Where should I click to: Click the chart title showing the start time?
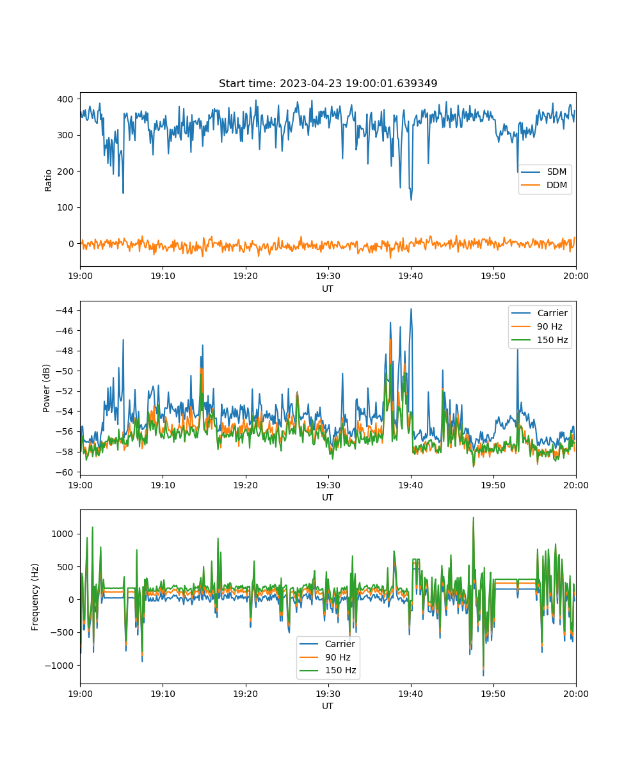pyautogui.click(x=328, y=83)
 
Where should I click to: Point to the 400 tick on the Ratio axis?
pyautogui.click(x=65, y=99)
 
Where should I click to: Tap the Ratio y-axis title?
pyautogui.click(x=48, y=180)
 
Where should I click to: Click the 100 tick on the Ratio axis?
pyautogui.click(x=65, y=207)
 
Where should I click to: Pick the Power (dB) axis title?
pyautogui.click(x=46, y=388)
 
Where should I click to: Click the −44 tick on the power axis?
pyautogui.click(x=65, y=310)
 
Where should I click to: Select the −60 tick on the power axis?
pyautogui.click(x=65, y=472)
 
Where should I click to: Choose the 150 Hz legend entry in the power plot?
pyautogui.click(x=540, y=340)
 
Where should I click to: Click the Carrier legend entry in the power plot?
pyautogui.click(x=540, y=313)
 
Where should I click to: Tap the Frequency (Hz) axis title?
pyautogui.click(x=35, y=597)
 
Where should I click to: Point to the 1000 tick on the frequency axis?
pyautogui.click(x=62, y=534)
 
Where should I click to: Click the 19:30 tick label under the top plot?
pyautogui.click(x=328, y=276)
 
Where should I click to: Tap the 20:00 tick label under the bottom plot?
pyautogui.click(x=576, y=694)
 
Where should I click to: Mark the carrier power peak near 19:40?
pyautogui.click(x=412, y=309)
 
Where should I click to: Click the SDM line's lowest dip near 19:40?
pyautogui.click(x=412, y=200)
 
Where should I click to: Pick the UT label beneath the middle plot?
pyautogui.click(x=328, y=498)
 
